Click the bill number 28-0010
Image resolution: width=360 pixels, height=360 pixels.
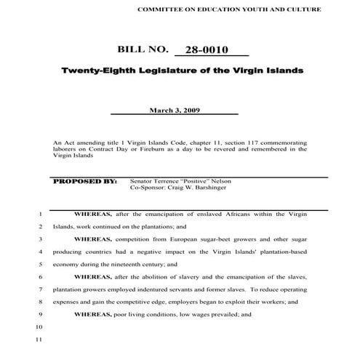(x=207, y=50)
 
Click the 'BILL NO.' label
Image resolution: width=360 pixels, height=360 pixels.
(x=142, y=50)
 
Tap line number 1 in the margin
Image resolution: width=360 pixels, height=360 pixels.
(x=39, y=215)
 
